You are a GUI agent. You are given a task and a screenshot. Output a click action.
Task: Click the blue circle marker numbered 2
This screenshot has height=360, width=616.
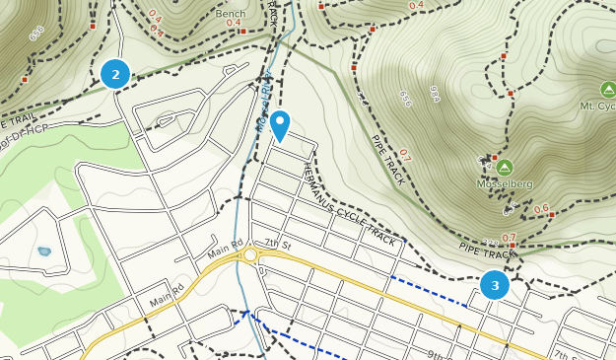point(115,73)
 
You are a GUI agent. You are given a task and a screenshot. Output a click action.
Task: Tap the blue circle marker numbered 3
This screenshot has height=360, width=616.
point(494,286)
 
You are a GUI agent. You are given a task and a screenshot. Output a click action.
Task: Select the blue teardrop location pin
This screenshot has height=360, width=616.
point(280,124)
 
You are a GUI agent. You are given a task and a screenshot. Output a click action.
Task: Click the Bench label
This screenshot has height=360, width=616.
point(230,16)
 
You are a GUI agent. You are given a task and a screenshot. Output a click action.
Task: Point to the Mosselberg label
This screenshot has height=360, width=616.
point(504,183)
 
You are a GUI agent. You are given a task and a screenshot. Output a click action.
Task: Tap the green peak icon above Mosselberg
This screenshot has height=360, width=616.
point(505,167)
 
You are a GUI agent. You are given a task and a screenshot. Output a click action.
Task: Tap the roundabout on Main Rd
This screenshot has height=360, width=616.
point(250,255)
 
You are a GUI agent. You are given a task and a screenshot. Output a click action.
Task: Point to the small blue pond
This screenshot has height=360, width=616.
point(44,252)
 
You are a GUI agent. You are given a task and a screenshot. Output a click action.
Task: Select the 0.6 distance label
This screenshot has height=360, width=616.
point(541,208)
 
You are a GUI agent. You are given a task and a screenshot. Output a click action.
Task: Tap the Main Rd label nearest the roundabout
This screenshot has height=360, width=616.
point(224,251)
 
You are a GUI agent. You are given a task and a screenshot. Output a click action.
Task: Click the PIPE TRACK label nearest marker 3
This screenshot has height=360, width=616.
point(488,252)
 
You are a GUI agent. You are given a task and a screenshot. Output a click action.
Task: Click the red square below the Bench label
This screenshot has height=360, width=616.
point(241,31)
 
